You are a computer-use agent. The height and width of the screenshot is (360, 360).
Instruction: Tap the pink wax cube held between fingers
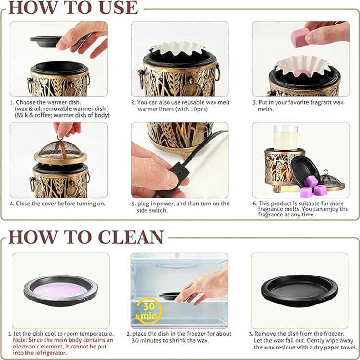click(x=300, y=37)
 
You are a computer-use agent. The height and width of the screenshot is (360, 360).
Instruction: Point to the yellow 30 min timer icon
click(x=149, y=311)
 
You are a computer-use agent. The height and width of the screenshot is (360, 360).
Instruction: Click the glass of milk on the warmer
click(x=286, y=138)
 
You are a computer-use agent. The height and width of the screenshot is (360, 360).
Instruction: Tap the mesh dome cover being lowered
click(x=60, y=151)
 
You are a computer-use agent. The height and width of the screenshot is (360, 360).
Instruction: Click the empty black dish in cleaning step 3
click(x=300, y=290)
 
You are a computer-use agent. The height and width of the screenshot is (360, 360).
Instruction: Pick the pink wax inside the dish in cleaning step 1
click(x=60, y=290)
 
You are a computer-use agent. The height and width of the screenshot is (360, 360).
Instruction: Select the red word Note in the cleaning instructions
click(x=20, y=340)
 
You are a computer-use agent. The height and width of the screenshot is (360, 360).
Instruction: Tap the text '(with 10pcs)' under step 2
click(x=192, y=109)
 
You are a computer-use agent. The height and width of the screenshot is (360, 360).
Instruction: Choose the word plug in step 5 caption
click(x=143, y=204)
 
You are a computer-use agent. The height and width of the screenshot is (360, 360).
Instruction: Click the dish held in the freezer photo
click(x=170, y=296)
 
